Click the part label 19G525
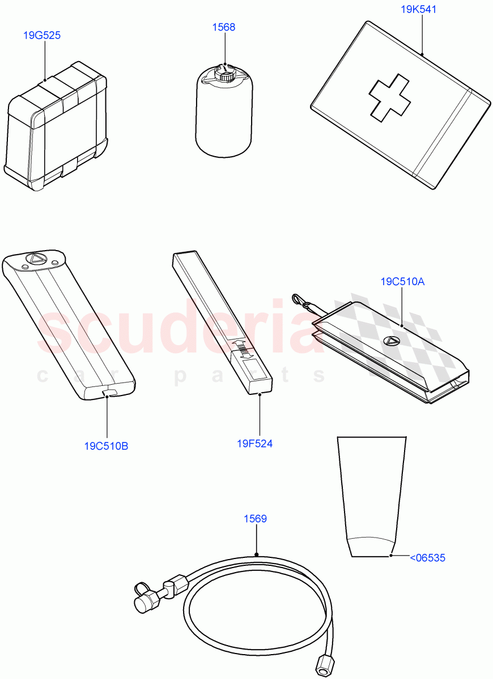point(42,36)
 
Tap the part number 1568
point(224,27)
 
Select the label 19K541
point(419,10)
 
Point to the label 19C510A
point(402,282)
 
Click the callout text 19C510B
point(106,446)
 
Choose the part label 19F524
point(254,444)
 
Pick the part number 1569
point(256,519)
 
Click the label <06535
point(427,558)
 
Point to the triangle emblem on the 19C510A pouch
point(390,341)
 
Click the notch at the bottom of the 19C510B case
point(109,393)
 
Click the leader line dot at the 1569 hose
point(257,555)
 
